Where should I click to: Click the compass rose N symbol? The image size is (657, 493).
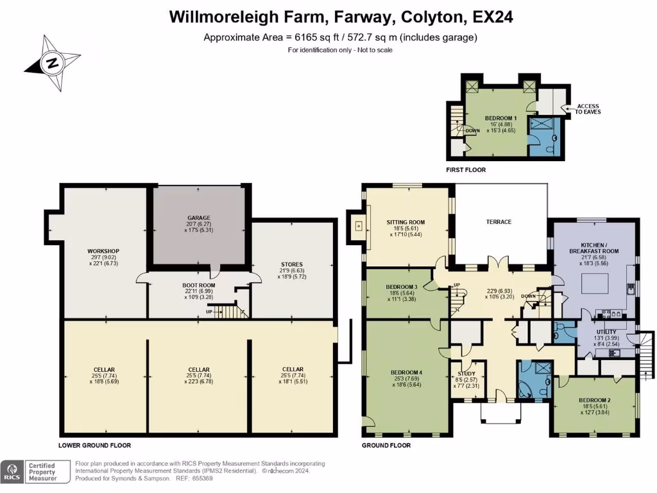[x=53, y=64]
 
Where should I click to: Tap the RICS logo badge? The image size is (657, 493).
[x=12, y=472]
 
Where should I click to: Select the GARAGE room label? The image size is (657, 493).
[x=199, y=218]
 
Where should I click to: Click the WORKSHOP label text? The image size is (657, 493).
[x=103, y=251]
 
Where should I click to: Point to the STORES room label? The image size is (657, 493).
[x=292, y=264]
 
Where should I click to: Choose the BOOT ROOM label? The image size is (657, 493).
[x=199, y=285]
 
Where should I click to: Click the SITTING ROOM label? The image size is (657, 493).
[x=405, y=222]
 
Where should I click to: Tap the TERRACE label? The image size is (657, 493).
[x=499, y=221]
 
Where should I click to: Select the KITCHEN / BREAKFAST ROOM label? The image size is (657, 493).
[x=593, y=248]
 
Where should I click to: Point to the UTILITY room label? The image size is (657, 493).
[x=606, y=332]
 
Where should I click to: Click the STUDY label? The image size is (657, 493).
[x=466, y=374]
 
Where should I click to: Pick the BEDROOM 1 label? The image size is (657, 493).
[x=500, y=118]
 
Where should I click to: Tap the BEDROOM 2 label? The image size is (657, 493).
[x=595, y=400]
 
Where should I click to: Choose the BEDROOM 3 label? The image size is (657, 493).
[x=402, y=287]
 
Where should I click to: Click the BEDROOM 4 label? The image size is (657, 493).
[x=406, y=372]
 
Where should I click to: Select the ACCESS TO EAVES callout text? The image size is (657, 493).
[x=588, y=109]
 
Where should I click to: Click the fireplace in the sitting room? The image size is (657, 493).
[x=358, y=227]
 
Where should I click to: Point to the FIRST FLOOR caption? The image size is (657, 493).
[x=466, y=169]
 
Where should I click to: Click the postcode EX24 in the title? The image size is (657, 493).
[x=493, y=17]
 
